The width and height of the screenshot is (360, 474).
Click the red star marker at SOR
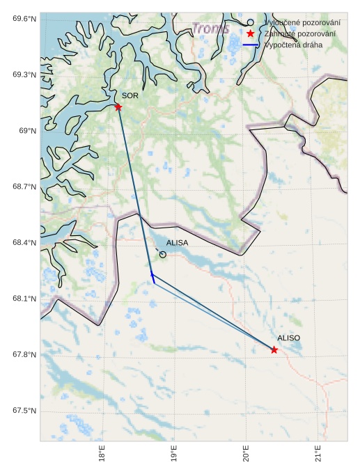pos(118,106)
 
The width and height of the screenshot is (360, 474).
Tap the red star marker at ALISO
pos(274,349)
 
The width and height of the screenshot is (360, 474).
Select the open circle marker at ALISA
pos(163,255)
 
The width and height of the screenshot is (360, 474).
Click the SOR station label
pos(130,95)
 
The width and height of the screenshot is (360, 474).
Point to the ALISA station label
pos(177,243)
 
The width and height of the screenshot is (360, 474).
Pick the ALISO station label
pos(288,338)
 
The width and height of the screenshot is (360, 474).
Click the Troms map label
pos(210,29)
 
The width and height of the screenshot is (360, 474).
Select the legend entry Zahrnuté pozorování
pos(300,33)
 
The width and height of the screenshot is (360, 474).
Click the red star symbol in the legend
pos(250,33)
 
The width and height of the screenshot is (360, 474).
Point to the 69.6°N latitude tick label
pos(24,18)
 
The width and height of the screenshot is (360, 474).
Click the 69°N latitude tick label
pos(27,131)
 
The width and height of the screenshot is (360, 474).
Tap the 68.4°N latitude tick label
pos(24,243)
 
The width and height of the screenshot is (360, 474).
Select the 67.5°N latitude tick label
pos(24,411)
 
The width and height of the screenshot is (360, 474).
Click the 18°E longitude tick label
pos(102,454)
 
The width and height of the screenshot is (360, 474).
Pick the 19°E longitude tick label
pos(174,454)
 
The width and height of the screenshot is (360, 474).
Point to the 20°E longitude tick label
pos(246,454)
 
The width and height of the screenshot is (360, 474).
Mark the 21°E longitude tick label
pos(318,454)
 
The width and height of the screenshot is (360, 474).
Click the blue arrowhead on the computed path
pos(152,276)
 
